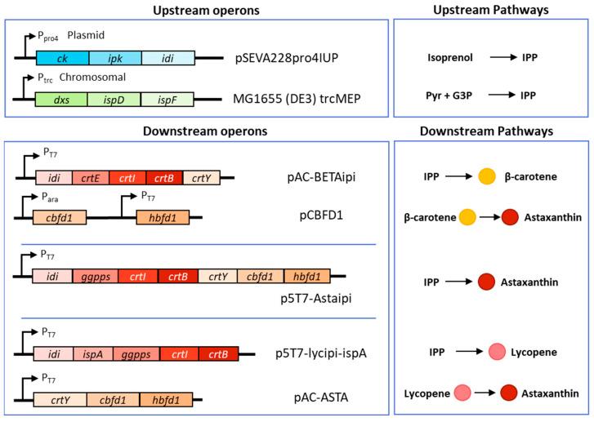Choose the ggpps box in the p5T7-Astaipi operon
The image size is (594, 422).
(97, 277)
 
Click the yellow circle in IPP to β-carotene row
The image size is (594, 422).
(487, 176)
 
